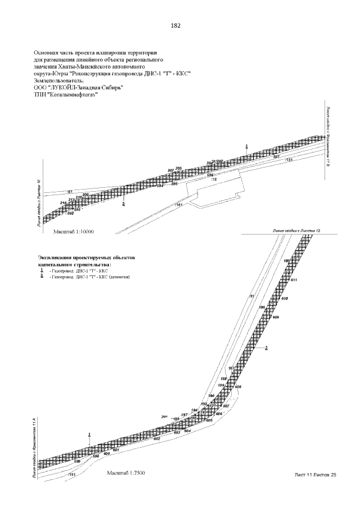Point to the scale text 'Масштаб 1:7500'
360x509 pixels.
tap(126, 473)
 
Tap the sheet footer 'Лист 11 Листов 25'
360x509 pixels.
tap(316, 475)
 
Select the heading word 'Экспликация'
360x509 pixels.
tap(56, 256)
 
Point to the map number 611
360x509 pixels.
tap(294, 280)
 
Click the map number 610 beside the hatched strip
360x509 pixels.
tap(284, 298)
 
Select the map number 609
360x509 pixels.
tap(276, 317)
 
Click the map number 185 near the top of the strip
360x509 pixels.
tap(286, 262)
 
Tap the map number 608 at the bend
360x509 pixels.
tap(237, 387)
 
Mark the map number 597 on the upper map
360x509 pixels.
tap(276, 157)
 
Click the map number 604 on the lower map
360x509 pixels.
tap(188, 431)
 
